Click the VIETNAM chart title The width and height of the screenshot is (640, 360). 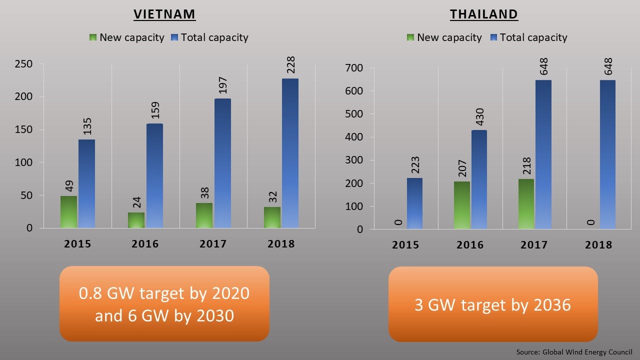[x=164, y=14]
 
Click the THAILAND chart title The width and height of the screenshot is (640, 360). [x=483, y=14]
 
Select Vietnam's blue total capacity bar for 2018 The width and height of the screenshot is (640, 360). [x=290, y=153]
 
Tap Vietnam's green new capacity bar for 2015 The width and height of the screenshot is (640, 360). [x=68, y=212]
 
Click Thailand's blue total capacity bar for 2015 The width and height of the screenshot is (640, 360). [x=414, y=203]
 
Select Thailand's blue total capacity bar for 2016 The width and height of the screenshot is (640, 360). [x=478, y=179]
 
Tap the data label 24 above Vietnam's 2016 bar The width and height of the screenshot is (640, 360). [x=136, y=202]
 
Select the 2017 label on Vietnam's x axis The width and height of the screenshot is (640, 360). [x=213, y=244]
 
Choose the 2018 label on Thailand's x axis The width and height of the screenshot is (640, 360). [x=598, y=245]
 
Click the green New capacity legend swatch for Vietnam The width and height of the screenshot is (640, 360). [x=93, y=37]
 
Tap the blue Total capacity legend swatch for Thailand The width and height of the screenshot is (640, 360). [x=493, y=37]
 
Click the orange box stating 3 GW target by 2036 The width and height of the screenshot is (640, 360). [x=492, y=304]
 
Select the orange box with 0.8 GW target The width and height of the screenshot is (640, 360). [x=164, y=303]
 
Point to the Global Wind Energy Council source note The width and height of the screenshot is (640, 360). [x=574, y=352]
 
